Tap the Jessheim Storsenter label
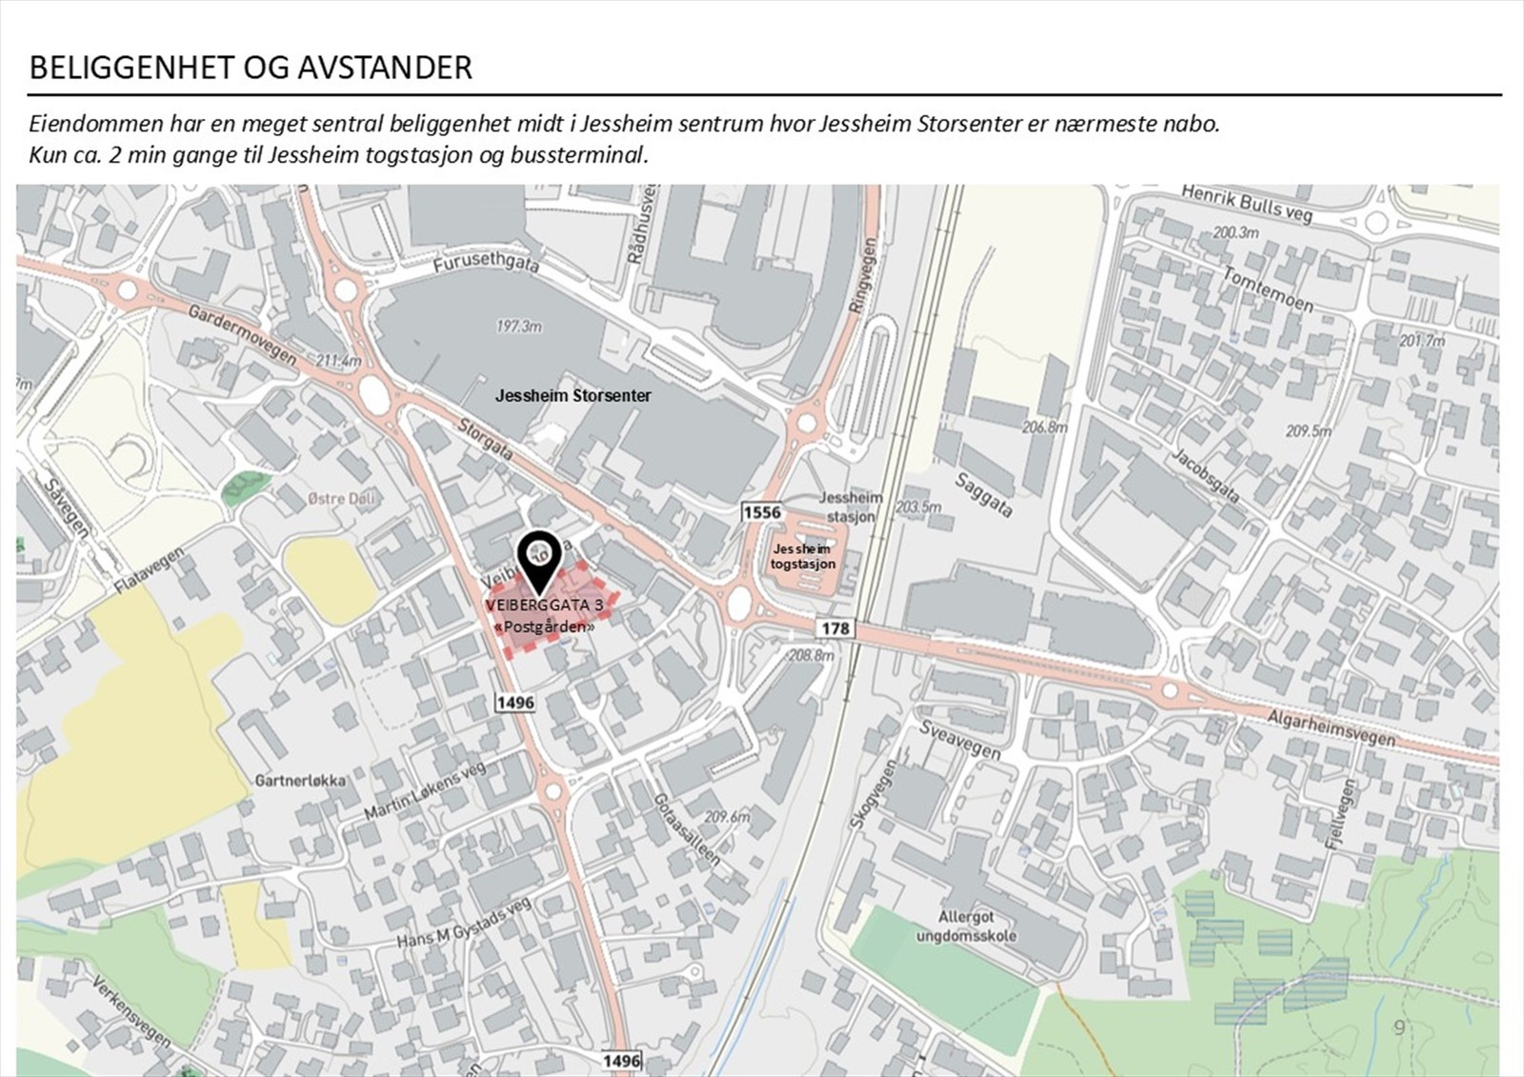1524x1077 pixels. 572,395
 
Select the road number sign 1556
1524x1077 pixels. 761,512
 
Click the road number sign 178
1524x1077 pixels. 835,628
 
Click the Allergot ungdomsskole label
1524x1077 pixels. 966,926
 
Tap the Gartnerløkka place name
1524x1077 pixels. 300,781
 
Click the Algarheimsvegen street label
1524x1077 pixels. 1331,728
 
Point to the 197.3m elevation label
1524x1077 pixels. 518,327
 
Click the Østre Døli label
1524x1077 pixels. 341,498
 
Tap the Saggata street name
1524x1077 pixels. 983,494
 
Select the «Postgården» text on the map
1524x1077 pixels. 545,626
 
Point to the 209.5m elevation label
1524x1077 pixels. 1308,431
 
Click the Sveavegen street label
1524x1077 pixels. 960,740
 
